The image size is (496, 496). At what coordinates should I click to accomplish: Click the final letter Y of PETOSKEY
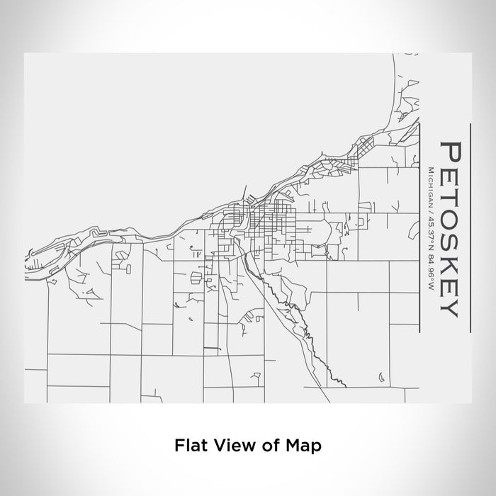451,306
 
